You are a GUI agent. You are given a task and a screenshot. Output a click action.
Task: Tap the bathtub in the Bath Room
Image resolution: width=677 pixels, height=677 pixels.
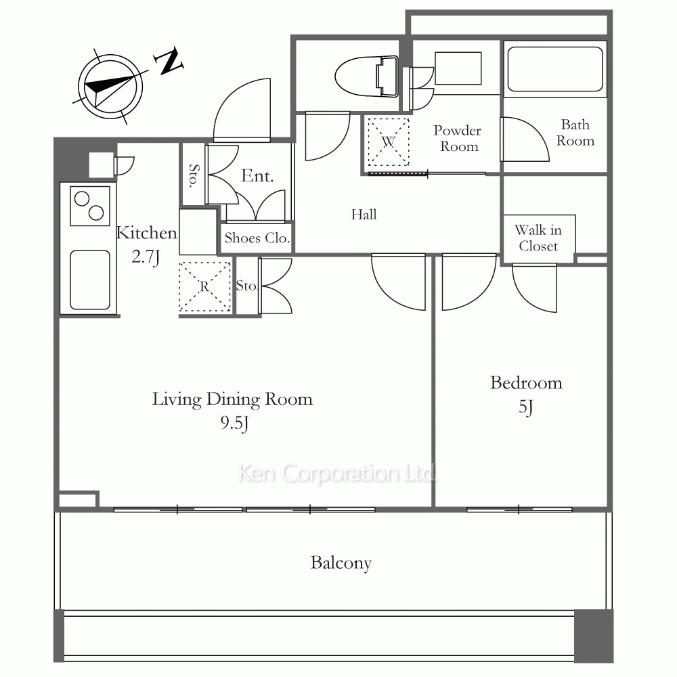(x=555, y=69)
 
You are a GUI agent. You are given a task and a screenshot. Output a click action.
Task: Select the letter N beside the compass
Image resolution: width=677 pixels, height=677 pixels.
(x=170, y=61)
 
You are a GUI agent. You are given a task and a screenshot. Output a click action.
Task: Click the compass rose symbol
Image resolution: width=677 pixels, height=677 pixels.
(x=110, y=87)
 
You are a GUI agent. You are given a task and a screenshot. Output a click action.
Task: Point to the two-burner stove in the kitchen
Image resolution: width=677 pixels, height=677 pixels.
(x=90, y=206)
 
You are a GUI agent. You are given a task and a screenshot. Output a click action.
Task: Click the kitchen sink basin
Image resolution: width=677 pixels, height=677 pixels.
(x=90, y=280)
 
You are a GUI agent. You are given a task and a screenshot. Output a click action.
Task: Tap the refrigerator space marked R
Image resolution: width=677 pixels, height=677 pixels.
(x=204, y=286)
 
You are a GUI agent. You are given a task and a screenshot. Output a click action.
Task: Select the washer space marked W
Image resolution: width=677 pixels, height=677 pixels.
(x=388, y=141)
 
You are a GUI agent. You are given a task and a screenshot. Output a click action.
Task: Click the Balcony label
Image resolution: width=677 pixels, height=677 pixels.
(x=341, y=563)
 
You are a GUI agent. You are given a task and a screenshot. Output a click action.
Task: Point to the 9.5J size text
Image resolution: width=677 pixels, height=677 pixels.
(x=234, y=423)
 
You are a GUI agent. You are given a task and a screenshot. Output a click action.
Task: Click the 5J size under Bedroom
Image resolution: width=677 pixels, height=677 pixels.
(x=526, y=407)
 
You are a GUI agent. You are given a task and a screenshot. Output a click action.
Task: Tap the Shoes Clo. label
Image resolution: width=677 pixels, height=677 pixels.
(x=257, y=238)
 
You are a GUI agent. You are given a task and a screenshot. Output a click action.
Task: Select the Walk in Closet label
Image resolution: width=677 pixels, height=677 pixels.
(x=538, y=238)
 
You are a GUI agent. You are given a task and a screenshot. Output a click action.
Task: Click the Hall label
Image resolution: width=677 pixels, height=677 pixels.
(x=364, y=215)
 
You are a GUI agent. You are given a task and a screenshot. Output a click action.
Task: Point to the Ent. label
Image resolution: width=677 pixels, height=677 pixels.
(x=257, y=176)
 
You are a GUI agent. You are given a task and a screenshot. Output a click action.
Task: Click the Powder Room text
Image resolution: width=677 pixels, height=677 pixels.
(x=458, y=139)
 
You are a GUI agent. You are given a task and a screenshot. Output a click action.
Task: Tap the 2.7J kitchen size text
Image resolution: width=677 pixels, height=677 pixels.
(x=146, y=257)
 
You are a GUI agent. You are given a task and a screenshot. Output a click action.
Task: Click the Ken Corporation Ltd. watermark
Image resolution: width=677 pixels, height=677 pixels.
(x=337, y=474)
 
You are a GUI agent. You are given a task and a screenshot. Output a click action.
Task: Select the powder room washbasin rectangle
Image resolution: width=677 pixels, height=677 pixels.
(x=458, y=68)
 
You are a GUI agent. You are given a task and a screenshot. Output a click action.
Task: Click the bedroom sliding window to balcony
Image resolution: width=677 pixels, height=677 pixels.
(x=519, y=510)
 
